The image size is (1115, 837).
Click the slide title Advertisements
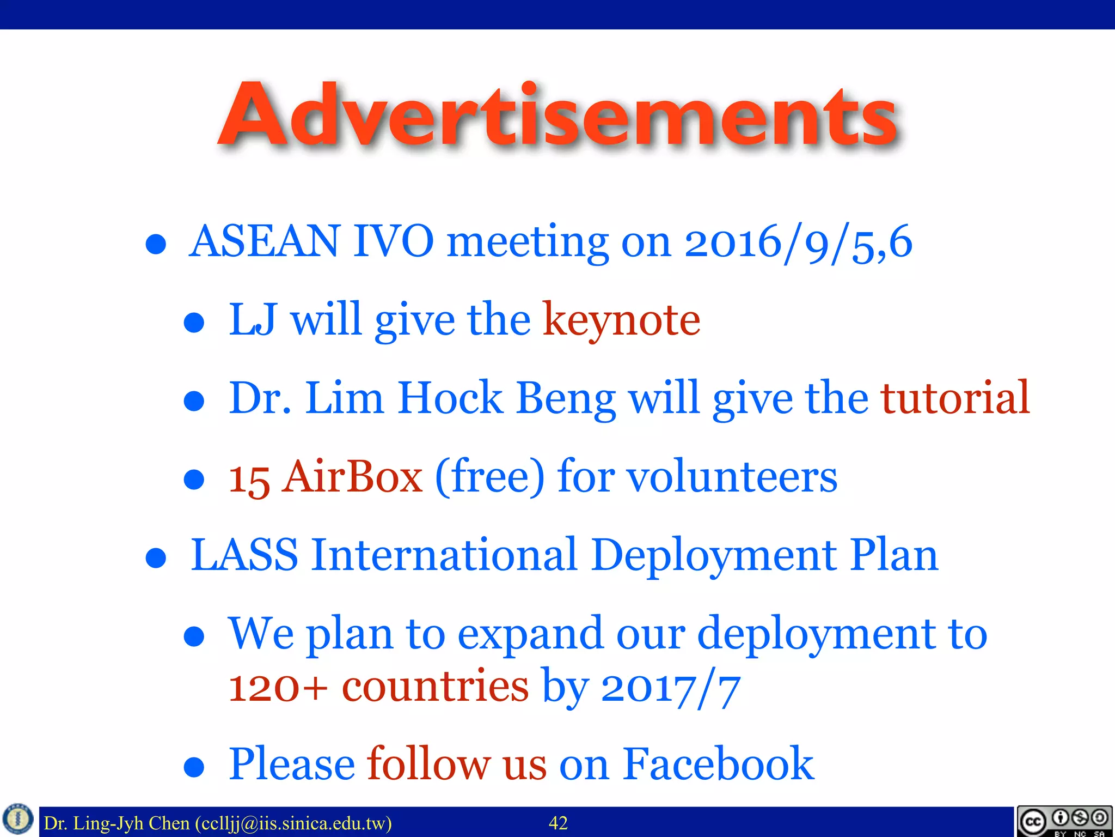(x=557, y=116)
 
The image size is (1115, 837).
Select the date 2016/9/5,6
(x=798, y=242)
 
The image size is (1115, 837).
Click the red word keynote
(x=621, y=320)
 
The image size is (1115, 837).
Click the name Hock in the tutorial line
(x=450, y=398)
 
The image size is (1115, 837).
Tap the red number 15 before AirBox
(x=249, y=478)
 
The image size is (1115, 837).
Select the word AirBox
(x=352, y=476)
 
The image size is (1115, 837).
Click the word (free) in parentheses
(x=489, y=476)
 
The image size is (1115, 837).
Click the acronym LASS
(x=244, y=555)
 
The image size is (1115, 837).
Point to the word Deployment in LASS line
(x=714, y=556)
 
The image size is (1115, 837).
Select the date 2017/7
(x=670, y=688)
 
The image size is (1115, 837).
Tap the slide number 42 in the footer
(x=558, y=823)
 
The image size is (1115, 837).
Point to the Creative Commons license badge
(x=1064, y=821)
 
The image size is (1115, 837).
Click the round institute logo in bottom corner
(x=18, y=819)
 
